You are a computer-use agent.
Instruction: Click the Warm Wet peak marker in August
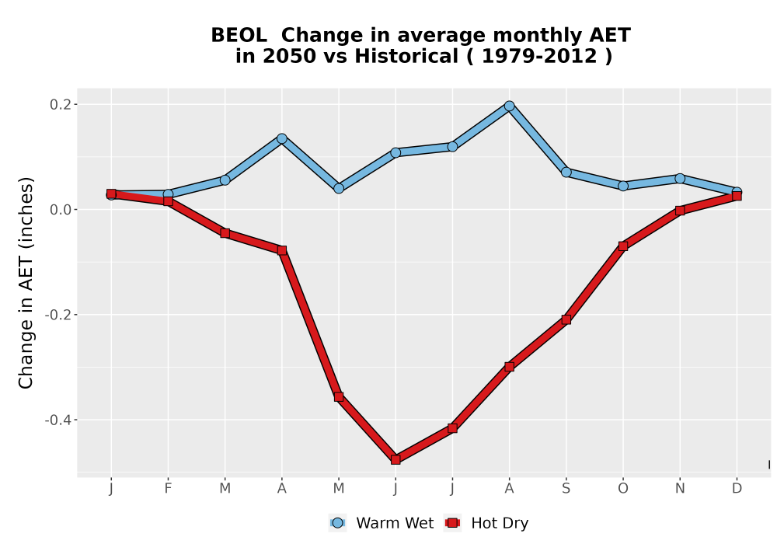509,106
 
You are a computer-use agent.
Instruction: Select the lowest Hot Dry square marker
395,460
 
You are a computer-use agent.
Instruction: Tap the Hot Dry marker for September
566,319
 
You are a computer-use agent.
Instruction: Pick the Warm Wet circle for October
623,186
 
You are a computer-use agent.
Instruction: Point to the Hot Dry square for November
680,211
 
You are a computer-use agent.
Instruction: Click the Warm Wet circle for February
168,194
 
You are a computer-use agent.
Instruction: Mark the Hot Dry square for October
623,246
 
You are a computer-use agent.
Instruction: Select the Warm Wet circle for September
566,172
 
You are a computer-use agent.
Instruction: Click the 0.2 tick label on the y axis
61,105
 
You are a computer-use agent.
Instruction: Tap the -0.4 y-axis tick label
58,420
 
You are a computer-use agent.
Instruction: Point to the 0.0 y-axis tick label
61,210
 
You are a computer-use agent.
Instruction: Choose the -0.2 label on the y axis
58,315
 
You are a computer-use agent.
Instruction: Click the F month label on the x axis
168,489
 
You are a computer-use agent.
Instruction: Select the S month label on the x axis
566,489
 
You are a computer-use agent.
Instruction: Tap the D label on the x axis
737,489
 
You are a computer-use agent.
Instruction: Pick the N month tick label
680,489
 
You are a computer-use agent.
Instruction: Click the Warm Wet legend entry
381,523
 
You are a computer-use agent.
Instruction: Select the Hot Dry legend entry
486,523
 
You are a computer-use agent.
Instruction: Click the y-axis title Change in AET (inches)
26,283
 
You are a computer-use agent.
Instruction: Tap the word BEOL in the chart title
239,36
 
